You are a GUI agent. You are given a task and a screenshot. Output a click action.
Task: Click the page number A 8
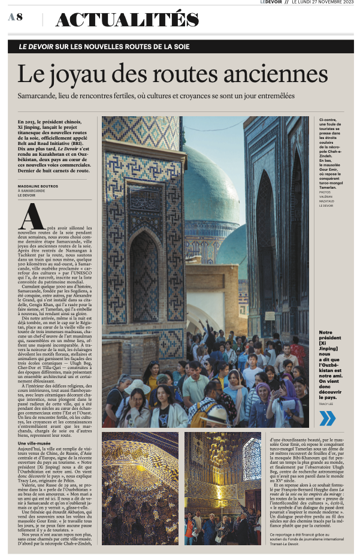click(x=16, y=17)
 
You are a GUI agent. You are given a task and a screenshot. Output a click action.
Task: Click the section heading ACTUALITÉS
click(x=126, y=20)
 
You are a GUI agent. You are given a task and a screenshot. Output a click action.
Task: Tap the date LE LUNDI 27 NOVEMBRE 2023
click(x=323, y=3)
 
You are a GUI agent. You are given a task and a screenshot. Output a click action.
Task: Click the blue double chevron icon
click(x=327, y=418)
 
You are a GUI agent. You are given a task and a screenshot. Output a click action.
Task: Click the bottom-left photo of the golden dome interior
click(x=140, y=488)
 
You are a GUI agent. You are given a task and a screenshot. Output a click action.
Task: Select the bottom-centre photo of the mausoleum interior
click(x=223, y=488)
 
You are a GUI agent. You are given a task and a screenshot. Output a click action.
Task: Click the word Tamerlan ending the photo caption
click(x=329, y=187)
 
